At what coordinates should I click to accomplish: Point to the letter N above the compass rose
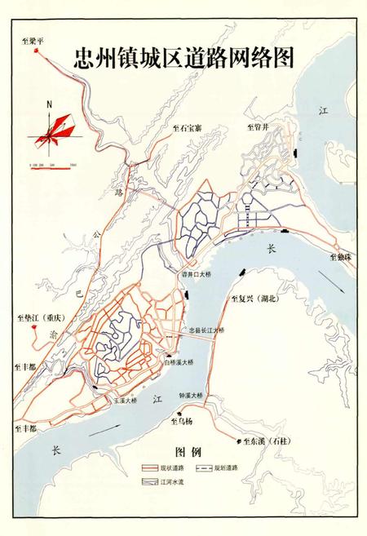click(x=50, y=104)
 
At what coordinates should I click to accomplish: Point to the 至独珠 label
click(x=343, y=256)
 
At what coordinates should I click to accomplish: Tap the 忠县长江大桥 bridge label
click(x=206, y=330)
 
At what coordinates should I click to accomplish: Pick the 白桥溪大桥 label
click(x=178, y=361)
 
